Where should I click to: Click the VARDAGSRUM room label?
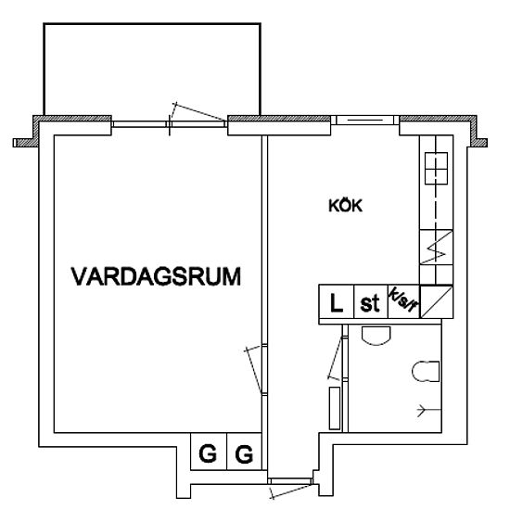click(156, 277)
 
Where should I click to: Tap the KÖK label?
click(345, 206)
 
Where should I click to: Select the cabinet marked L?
click(337, 301)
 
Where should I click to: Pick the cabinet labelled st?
click(371, 301)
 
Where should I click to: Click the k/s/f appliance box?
click(404, 301)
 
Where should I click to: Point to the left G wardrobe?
click(209, 452)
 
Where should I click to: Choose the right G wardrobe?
click(244, 452)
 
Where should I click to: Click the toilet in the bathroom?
click(426, 371)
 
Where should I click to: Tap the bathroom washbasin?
click(376, 336)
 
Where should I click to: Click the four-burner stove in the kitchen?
click(436, 169)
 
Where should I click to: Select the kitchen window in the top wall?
click(365, 121)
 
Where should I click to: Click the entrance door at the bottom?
click(290, 488)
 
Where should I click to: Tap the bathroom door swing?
click(335, 358)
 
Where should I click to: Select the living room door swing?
click(253, 370)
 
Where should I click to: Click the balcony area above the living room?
click(152, 69)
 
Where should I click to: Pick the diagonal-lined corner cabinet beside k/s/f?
click(437, 301)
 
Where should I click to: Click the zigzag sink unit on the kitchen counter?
click(436, 248)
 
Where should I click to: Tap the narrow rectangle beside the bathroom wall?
click(335, 408)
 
